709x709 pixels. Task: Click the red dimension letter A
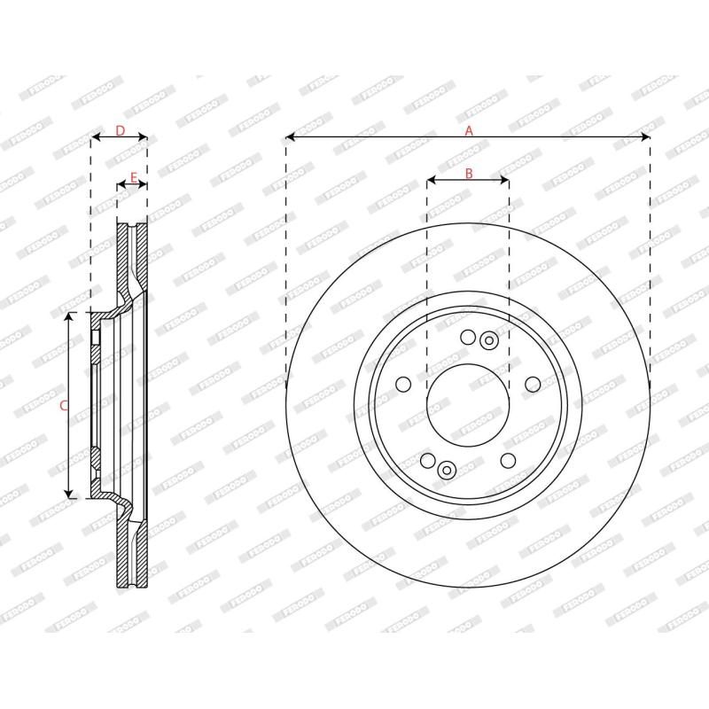click(x=469, y=130)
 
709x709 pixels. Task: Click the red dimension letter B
click(x=469, y=173)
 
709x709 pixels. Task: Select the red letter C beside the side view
click(x=64, y=406)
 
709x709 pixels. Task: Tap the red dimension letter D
click(x=120, y=130)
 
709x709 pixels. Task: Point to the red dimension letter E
click(x=134, y=178)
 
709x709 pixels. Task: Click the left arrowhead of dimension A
click(x=291, y=136)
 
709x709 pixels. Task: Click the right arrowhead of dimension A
click(x=645, y=136)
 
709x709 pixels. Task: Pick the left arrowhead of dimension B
click(x=432, y=180)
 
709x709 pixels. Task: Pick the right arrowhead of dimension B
click(x=504, y=180)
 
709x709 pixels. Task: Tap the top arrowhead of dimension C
click(x=68, y=317)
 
